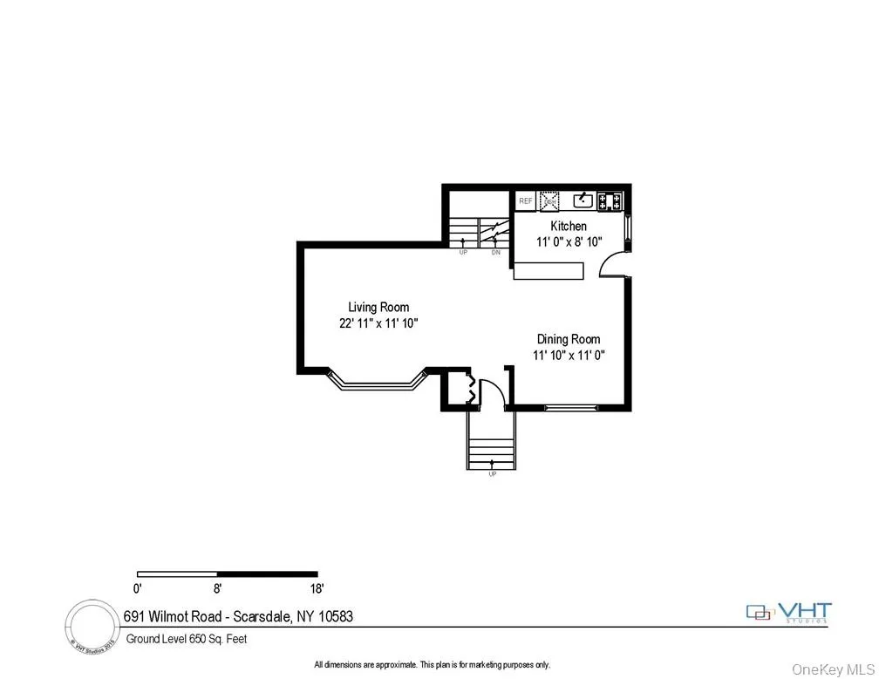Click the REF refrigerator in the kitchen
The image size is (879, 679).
pyautogui.click(x=525, y=201)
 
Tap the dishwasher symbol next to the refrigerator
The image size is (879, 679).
pyautogui.click(x=549, y=201)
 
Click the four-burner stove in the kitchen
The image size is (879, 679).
pyautogui.click(x=611, y=201)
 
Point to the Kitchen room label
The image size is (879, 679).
pyautogui.click(x=568, y=227)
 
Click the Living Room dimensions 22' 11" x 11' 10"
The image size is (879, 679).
pyautogui.click(x=378, y=323)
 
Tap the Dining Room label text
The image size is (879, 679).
pyautogui.click(x=568, y=339)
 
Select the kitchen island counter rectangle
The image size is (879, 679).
pyautogui.click(x=548, y=271)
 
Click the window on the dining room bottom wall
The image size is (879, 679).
pyautogui.click(x=571, y=407)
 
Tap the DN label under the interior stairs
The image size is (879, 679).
pyautogui.click(x=495, y=253)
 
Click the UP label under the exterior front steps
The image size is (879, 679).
pyautogui.click(x=493, y=473)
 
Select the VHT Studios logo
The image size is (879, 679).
pyautogui.click(x=789, y=613)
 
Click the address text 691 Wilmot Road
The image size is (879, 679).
pyautogui.click(x=236, y=616)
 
